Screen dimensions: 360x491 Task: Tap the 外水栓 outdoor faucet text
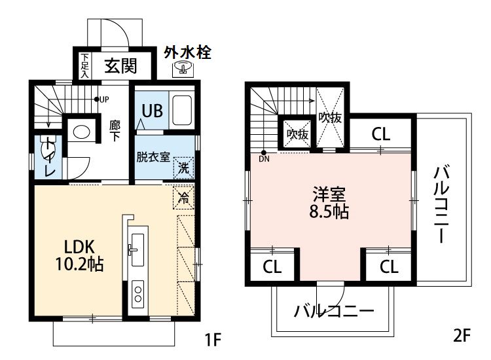(187, 52)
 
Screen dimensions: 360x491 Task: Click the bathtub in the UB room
(182, 110)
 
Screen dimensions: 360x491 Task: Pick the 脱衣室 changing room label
(153, 157)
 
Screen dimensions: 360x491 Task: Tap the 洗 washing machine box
(184, 168)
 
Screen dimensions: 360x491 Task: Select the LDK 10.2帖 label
(80, 255)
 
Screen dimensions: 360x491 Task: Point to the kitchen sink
(138, 248)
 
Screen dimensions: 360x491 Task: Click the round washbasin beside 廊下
(82, 132)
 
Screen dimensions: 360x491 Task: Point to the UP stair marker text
(104, 99)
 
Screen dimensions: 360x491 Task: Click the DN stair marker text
(264, 158)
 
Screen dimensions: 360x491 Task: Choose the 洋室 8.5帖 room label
(329, 203)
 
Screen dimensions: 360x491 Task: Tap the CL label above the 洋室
(381, 135)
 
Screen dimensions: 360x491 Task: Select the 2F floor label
(462, 337)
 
